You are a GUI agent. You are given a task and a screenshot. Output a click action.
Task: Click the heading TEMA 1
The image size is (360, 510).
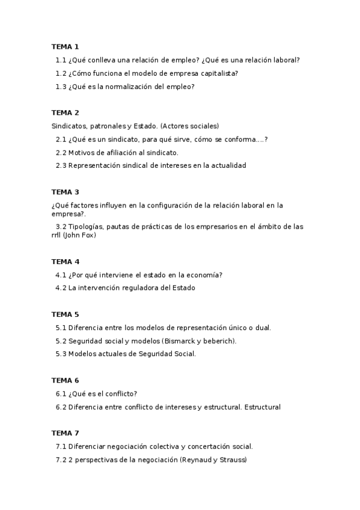point(65,46)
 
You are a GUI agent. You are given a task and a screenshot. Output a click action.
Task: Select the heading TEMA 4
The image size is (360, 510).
point(65,262)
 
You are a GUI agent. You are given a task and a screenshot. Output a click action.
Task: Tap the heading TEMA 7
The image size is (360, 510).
point(65,433)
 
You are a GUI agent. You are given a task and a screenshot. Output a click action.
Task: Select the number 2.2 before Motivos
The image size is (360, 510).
point(61,152)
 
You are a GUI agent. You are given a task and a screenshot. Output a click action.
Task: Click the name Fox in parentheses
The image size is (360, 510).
point(88,235)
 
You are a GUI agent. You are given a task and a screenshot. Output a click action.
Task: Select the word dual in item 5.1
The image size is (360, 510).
point(263,328)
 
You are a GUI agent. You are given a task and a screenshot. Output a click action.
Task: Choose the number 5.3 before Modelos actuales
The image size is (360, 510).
point(61,354)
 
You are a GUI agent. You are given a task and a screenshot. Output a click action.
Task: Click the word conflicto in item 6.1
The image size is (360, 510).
point(120,394)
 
